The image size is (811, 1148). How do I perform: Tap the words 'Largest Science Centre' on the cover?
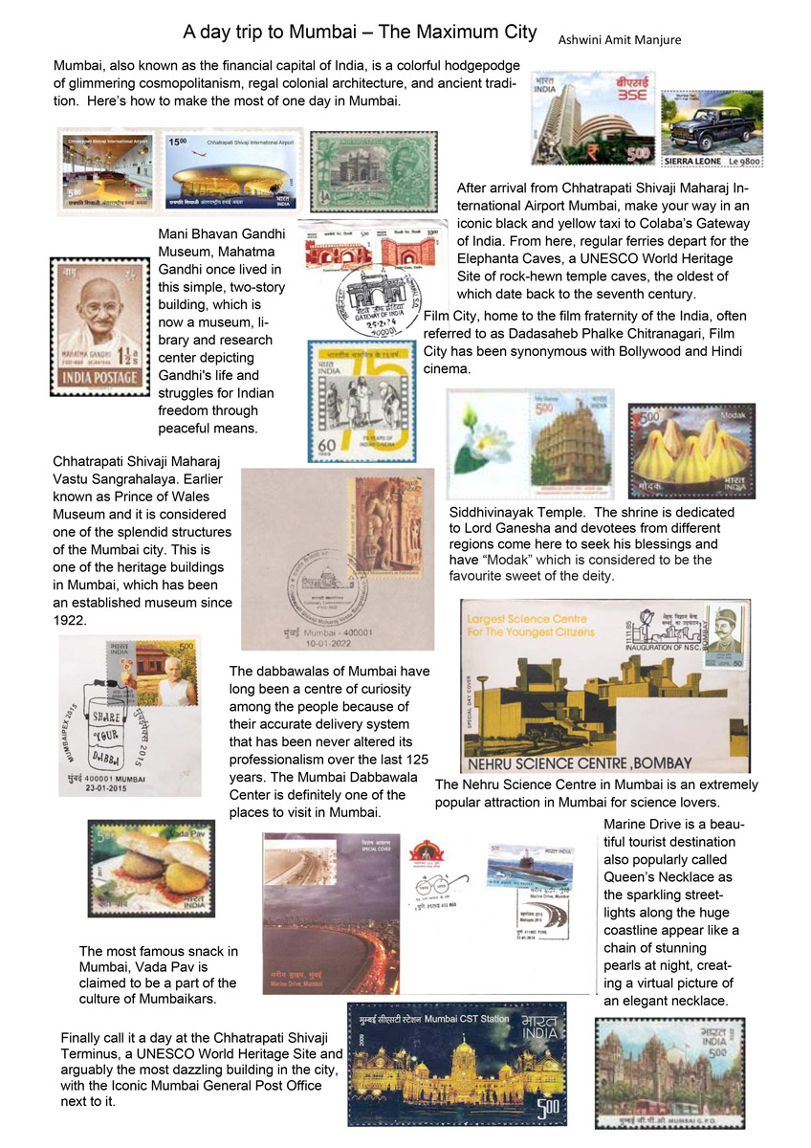coord(529,618)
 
